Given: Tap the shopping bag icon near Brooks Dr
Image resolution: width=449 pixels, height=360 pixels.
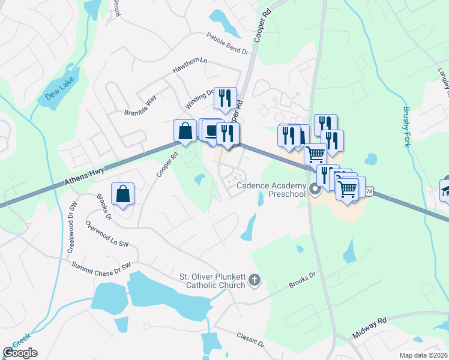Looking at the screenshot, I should (x=122, y=194).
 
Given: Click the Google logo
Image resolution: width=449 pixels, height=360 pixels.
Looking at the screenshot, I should (x=20, y=352).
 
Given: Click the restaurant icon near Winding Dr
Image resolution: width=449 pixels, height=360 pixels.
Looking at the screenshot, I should (x=225, y=98).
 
